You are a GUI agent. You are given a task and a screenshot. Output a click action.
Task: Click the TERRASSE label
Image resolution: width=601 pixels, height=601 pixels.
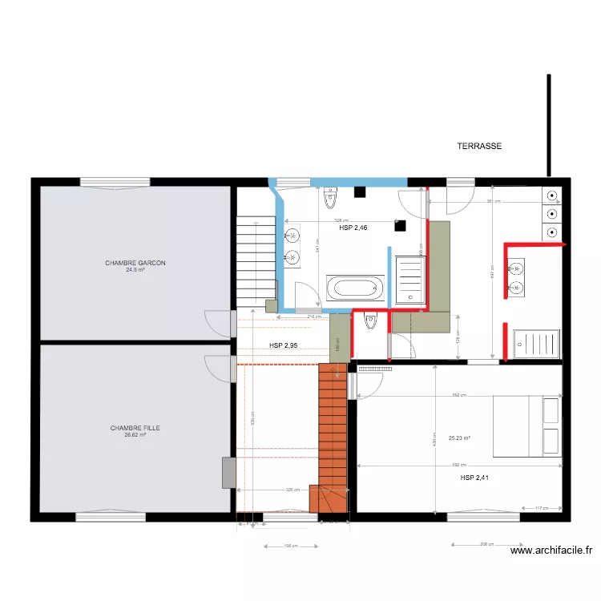pos(479,147)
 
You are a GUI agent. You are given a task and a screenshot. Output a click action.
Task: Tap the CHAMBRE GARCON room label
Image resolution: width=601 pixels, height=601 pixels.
pos(135,263)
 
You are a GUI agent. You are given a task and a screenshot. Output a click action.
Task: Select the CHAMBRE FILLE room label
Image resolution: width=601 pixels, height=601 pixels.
pos(135,428)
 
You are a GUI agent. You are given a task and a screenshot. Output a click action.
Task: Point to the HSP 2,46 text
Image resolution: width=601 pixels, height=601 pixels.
pos(353,228)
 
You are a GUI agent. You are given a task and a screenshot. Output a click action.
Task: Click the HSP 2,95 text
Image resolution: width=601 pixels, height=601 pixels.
pos(284,345)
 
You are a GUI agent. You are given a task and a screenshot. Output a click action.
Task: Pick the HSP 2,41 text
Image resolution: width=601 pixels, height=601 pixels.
pos(474,478)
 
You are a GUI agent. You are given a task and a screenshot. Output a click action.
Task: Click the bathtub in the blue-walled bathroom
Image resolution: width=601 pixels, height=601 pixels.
pos(354,287)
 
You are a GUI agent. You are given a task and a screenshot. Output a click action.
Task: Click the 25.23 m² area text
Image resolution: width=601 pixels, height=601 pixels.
pos(459,438)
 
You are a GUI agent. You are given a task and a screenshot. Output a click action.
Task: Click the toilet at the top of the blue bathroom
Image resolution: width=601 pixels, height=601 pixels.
pos(330,196)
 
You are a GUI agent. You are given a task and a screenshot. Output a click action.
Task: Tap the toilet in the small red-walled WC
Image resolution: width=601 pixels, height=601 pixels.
pos(369,321)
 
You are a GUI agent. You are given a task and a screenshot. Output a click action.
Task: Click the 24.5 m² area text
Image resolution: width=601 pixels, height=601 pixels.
pos(135,270)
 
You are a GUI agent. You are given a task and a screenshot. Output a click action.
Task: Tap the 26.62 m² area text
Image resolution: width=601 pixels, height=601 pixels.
pos(135,435)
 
